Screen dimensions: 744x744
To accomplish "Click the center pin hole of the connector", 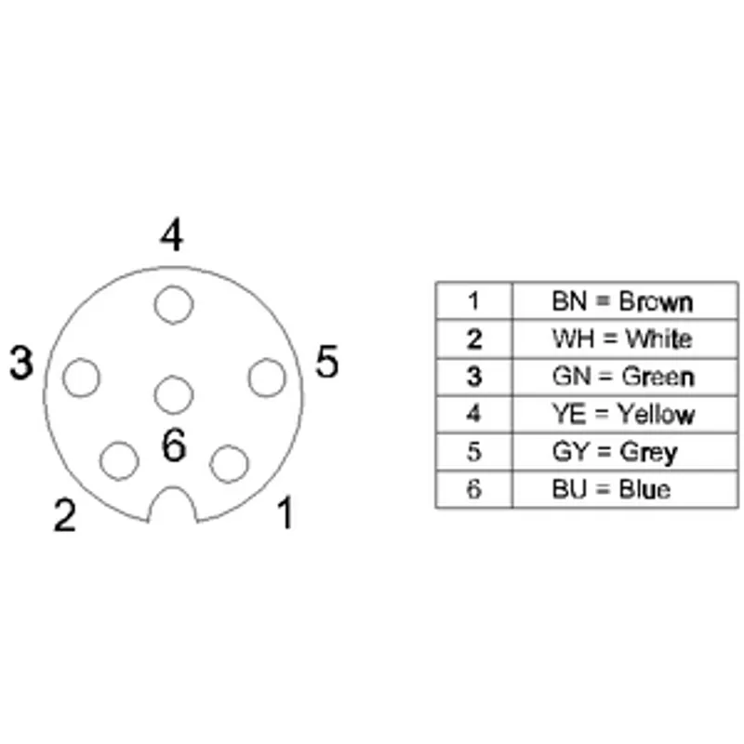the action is pos(174,394).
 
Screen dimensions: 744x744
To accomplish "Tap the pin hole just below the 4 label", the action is pos(174,305).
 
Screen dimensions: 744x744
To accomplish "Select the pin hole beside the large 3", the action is pos(81,378).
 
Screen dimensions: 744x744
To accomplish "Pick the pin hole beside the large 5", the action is pos(267,378).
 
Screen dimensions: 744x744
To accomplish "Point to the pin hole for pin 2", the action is pos(119,460).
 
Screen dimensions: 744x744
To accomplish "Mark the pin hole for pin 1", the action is pos(229,463).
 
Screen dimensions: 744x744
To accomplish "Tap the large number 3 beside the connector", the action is pos(21,363).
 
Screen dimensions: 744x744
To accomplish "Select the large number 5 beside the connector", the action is pos(327,362).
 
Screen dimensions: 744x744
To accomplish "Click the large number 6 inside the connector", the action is pos(174,445).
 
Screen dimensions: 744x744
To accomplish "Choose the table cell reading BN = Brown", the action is pos(625,300).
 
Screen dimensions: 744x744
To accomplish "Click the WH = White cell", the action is pos(625,339).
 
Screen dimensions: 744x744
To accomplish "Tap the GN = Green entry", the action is pos(625,377).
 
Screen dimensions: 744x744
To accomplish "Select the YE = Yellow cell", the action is pos(625,414).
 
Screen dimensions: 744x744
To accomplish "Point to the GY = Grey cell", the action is pos(625,452).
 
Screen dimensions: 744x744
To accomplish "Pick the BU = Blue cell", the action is pos(625,489).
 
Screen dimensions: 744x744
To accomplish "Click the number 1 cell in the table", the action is pos(474,300).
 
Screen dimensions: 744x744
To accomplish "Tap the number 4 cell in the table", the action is pos(474,414).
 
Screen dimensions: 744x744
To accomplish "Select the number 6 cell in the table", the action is pos(474,489).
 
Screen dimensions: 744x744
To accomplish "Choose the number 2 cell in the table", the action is pos(474,339).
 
